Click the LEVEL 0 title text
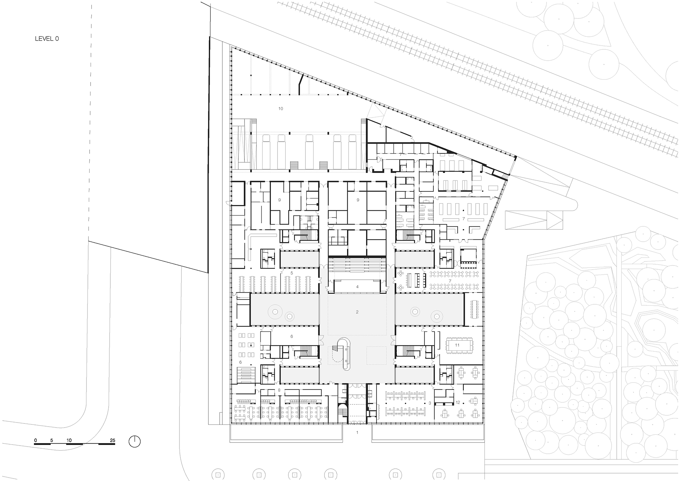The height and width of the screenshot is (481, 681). pos(47,39)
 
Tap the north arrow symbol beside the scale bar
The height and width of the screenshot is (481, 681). pos(134,442)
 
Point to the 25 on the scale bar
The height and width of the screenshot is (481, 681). pos(112,440)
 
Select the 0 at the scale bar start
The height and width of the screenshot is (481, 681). pos(35,440)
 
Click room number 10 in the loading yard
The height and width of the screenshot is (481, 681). pos(281,109)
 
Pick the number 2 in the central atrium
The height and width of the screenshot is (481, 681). pos(357,312)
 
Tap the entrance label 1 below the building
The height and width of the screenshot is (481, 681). pos(357,432)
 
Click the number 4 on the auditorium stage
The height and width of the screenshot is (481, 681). pos(357,287)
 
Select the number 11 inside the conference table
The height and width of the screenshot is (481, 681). pos(457,345)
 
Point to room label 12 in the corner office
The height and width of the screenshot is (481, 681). pos(458,402)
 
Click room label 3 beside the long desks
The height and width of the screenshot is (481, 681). pos(430,403)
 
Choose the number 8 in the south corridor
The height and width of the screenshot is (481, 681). pos(279,390)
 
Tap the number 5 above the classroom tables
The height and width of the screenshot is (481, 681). pos(291,273)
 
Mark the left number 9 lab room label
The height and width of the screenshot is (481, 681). pos(279,200)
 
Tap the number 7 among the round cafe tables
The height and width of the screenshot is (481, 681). pos(450,281)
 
